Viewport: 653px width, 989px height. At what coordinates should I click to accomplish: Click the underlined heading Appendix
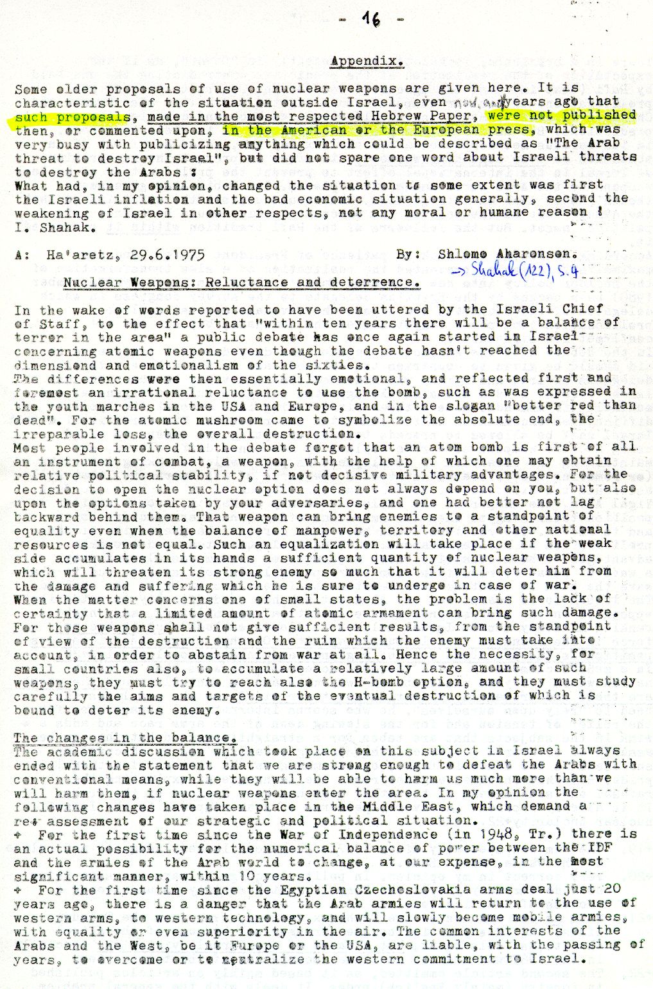[367, 62]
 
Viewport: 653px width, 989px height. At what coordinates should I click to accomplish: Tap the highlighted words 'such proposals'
[72, 117]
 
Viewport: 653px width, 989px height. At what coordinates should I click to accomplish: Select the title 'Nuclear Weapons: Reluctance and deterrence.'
[242, 282]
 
